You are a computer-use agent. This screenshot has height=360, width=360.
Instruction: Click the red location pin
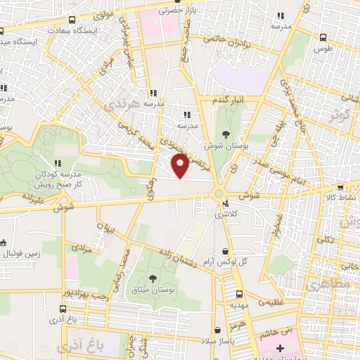pos(181,166)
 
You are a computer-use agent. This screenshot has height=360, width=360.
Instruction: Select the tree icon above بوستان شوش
pos(226,134)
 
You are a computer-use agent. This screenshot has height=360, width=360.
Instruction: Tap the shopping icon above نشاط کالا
pos(340,188)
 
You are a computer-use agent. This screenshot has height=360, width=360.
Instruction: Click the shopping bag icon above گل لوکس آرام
pos(225,251)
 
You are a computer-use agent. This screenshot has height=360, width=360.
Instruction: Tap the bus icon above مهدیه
pos(239,295)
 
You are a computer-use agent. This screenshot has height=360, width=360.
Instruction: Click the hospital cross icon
pos(281,349)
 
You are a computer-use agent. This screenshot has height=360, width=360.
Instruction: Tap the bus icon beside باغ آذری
pos(63,308)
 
